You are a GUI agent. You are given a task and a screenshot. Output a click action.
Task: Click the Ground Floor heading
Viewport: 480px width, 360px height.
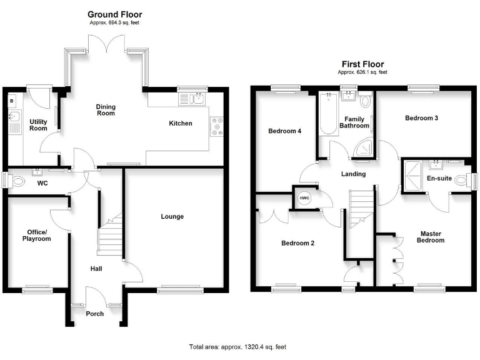114,14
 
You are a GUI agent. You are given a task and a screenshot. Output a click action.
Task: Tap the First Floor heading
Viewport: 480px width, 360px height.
362,64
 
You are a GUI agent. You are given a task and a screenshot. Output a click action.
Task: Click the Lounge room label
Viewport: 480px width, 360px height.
172,217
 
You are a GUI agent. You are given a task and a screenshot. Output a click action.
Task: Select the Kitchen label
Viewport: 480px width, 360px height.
181,124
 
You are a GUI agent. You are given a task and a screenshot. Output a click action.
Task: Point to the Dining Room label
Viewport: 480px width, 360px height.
106,110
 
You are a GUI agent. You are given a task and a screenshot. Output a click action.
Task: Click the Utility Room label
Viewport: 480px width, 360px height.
38,124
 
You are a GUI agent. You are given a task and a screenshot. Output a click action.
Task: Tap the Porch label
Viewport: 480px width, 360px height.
94,314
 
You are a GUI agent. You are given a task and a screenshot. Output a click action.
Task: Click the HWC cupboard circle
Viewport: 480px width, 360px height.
304,198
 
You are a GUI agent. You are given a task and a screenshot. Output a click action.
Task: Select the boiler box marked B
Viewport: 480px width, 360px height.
12,100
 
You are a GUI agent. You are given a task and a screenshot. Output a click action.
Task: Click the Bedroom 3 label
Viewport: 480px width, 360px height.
421,118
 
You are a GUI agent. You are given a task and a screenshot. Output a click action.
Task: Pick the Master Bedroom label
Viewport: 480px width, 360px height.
431,237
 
